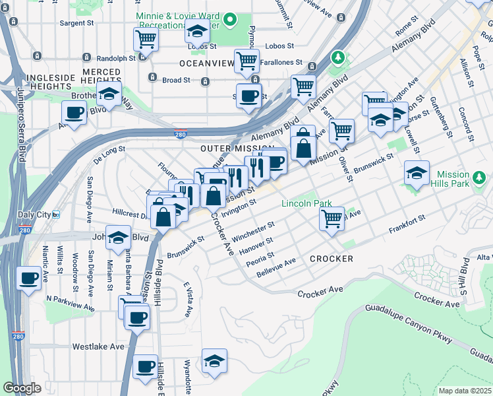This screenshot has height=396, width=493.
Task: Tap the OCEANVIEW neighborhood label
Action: [207, 64]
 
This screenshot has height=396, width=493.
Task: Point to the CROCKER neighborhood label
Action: [332, 259]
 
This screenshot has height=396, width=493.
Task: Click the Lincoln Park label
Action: [306, 204]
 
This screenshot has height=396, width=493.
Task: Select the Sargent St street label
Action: [77, 23]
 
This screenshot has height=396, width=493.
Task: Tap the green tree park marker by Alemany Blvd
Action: [337, 58]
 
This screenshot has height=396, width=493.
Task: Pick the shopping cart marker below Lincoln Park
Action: [332, 218]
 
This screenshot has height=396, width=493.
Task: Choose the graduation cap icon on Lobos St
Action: [197, 30]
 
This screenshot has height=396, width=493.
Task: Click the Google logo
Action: [22, 388]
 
